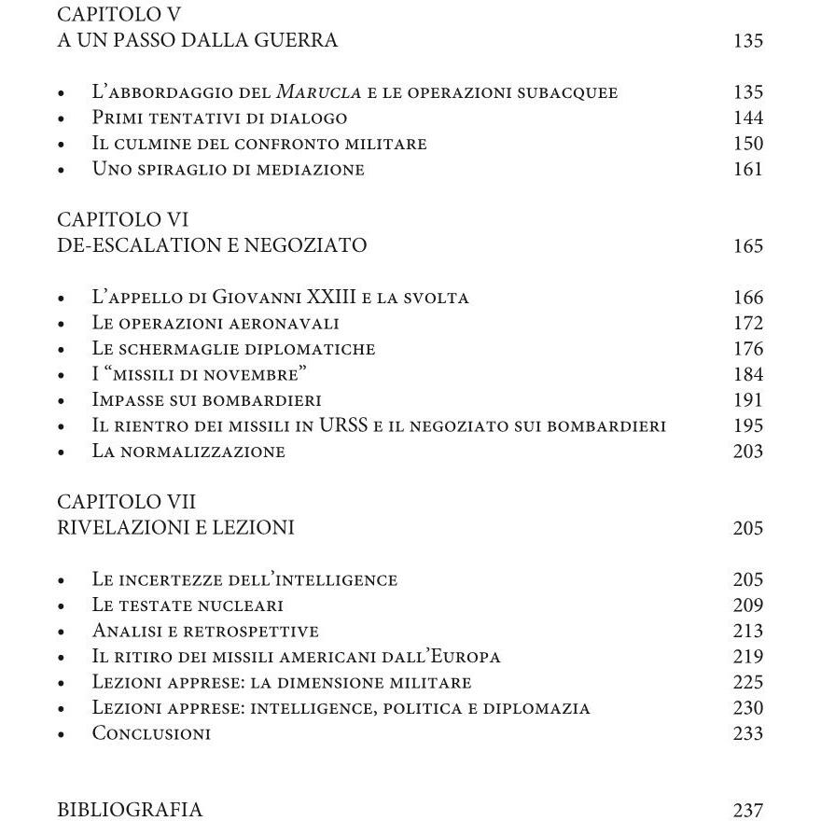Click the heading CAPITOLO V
(x=119, y=15)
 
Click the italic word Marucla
(x=313, y=92)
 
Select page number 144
(x=748, y=118)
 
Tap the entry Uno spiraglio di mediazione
(x=228, y=170)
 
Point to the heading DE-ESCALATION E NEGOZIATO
(x=212, y=246)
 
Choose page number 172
(x=748, y=324)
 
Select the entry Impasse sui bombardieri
(x=206, y=400)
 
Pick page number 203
(x=748, y=452)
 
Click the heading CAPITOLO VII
(x=126, y=503)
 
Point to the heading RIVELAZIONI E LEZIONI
(x=175, y=528)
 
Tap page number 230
(x=748, y=708)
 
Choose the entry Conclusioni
(x=151, y=733)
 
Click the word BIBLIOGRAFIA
(x=130, y=810)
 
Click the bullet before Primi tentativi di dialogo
(x=62, y=119)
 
